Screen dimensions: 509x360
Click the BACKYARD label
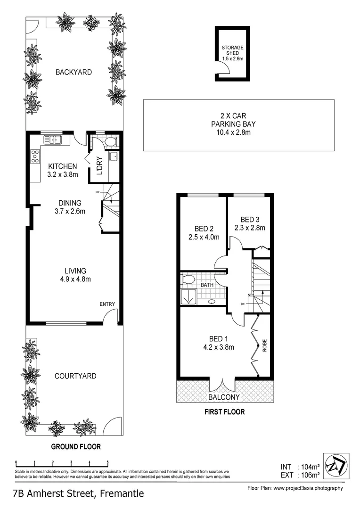74,72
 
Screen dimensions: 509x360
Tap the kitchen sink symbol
52,140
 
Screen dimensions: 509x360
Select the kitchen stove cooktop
35,156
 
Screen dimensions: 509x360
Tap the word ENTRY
107,304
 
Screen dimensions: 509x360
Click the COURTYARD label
75,376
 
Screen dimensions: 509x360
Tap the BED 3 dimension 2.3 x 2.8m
250,228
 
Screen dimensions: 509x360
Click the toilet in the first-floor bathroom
188,279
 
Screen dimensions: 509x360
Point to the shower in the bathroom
188,296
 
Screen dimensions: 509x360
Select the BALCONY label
224,397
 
